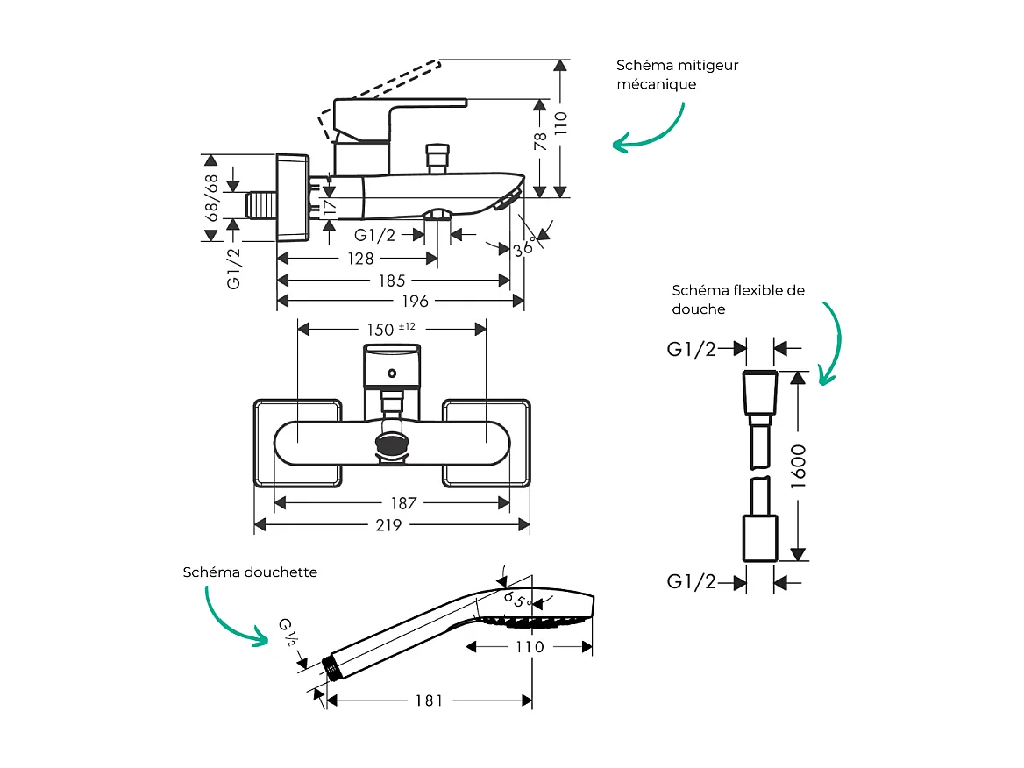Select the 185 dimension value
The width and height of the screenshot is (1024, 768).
tap(392, 281)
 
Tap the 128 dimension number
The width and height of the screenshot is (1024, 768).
tap(360, 259)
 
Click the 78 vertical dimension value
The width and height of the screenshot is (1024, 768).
tap(540, 142)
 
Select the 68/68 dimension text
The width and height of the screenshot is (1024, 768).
tap(211, 197)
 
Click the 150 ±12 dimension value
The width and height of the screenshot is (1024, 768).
tap(390, 330)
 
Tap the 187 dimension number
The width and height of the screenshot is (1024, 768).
tap(404, 503)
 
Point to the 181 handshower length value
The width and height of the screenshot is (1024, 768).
tap(429, 700)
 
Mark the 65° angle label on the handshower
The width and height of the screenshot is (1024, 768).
tap(517, 601)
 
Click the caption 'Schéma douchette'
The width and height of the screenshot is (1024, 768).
tap(250, 572)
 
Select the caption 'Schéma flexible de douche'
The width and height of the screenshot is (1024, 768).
tap(738, 300)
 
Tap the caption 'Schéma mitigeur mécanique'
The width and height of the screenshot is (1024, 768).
tap(677, 75)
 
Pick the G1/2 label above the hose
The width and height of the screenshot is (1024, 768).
tap(692, 350)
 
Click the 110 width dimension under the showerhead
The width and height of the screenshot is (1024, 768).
tap(530, 647)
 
